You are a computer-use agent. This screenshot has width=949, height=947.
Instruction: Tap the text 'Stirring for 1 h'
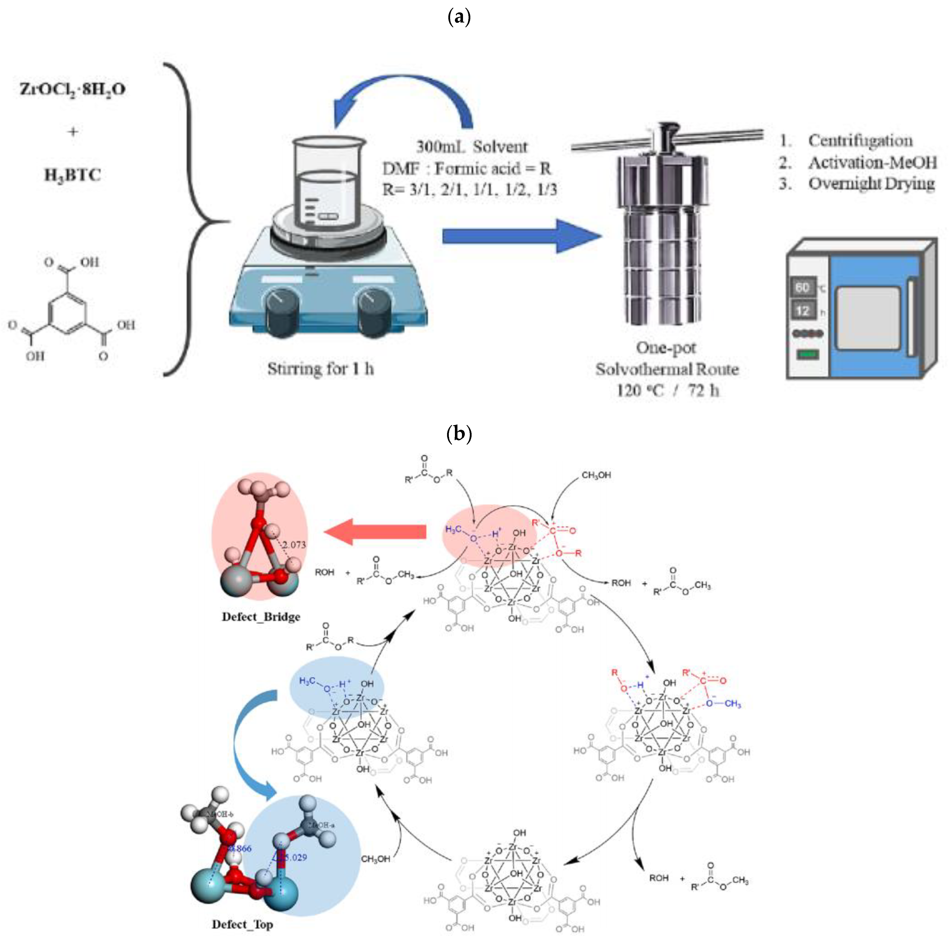click(x=320, y=369)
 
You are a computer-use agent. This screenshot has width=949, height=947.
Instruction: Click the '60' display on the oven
click(x=802, y=288)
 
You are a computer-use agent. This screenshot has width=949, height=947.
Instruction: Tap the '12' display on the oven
click(x=802, y=311)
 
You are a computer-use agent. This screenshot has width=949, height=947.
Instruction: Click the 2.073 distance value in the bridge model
click(x=294, y=545)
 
